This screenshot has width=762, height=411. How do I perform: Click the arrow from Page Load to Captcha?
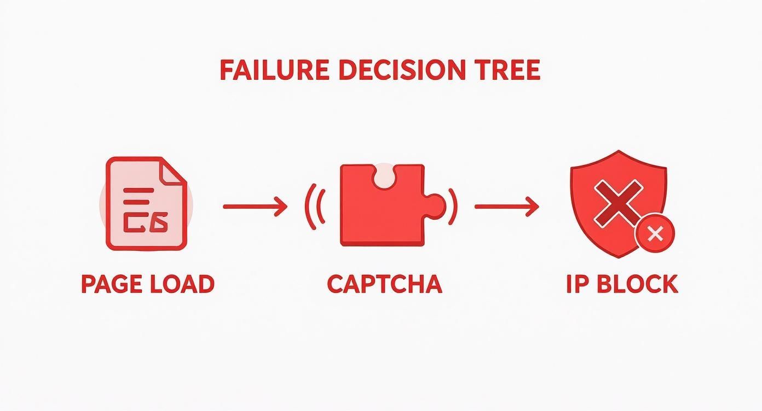pyautogui.click(x=255, y=207)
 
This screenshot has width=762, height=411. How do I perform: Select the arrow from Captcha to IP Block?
pyautogui.click(x=506, y=207)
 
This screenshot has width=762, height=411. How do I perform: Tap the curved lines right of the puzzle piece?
pyautogui.click(x=452, y=207)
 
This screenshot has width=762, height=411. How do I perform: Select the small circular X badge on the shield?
pyautogui.click(x=655, y=234)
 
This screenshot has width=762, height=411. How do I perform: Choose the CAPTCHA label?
pyautogui.click(x=384, y=284)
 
